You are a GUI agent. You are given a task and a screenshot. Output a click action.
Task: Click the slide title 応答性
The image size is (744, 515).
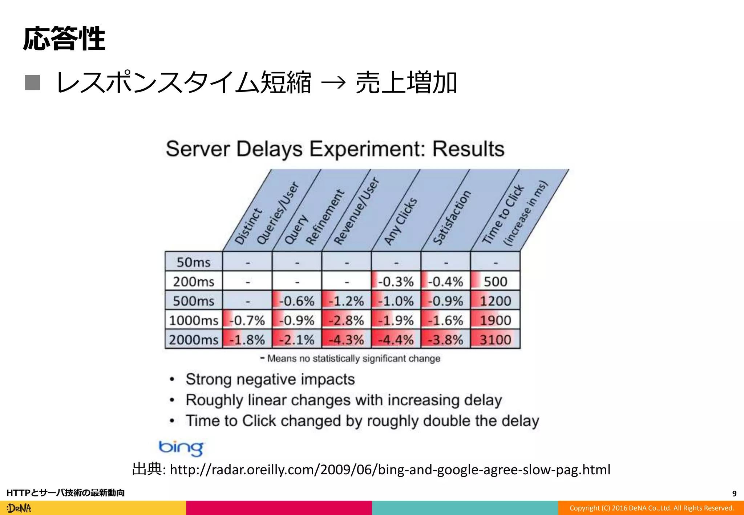64,38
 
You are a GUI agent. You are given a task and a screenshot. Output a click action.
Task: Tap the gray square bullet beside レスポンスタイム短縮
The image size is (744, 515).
32,82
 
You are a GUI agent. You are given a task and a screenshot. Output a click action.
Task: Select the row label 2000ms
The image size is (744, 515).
193,340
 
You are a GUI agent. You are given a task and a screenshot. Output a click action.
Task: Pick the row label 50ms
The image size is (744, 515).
193,262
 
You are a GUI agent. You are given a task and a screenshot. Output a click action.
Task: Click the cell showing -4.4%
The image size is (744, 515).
396,340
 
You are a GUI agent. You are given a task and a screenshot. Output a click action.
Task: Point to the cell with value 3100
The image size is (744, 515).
495,340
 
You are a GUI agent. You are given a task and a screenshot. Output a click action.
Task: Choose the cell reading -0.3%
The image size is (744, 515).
396,281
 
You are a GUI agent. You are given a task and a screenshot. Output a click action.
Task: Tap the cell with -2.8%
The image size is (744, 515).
346,320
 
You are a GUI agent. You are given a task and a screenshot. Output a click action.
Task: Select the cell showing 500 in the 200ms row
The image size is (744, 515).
495,281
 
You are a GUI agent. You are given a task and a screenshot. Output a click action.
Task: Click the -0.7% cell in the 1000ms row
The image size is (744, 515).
247,320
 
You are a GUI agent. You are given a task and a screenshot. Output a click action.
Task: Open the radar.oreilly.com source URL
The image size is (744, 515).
390,470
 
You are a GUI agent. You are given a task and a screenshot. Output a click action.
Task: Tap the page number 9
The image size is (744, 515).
734,494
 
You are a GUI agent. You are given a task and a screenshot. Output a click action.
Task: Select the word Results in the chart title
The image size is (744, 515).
468,149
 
